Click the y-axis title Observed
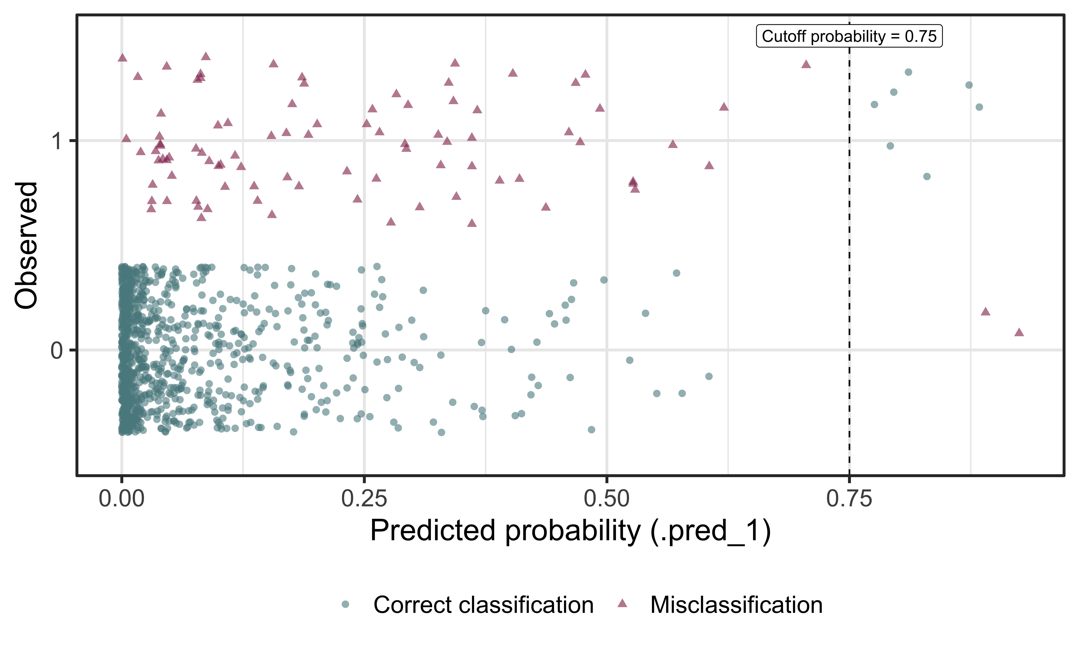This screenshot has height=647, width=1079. pyautogui.click(x=26, y=246)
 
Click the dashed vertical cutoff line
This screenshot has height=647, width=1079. pyautogui.click(x=849, y=262)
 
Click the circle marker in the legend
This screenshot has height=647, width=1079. pyautogui.click(x=345, y=604)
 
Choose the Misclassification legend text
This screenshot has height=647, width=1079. pyautogui.click(x=736, y=605)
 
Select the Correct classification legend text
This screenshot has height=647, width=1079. pyautogui.click(x=483, y=605)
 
